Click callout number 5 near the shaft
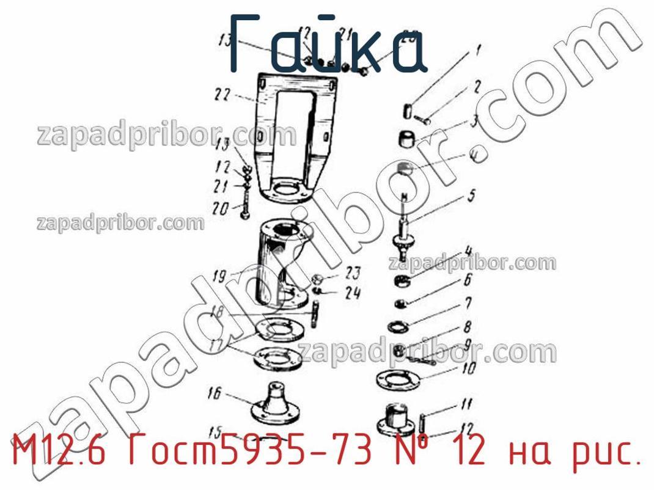click(x=471, y=197)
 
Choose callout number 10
click(x=469, y=369)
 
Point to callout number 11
click(x=466, y=404)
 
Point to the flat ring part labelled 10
click(x=399, y=379)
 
